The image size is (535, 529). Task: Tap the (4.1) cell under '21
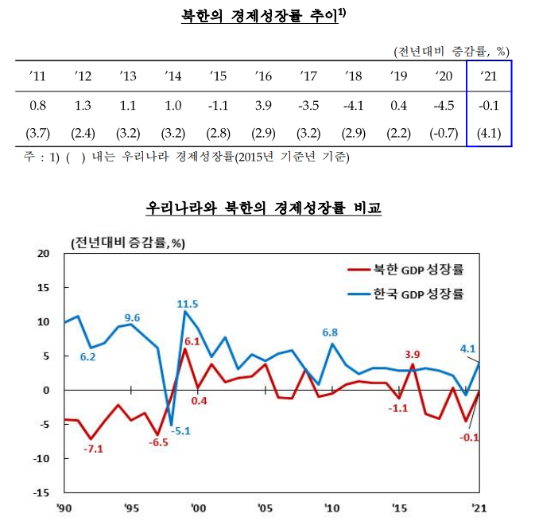click(488, 131)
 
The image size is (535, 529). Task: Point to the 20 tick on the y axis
click(43, 254)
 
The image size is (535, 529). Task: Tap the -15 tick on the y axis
click(40, 492)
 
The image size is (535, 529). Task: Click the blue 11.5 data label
click(188, 303)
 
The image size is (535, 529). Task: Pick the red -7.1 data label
click(93, 449)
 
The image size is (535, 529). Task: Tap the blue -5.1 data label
click(182, 432)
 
